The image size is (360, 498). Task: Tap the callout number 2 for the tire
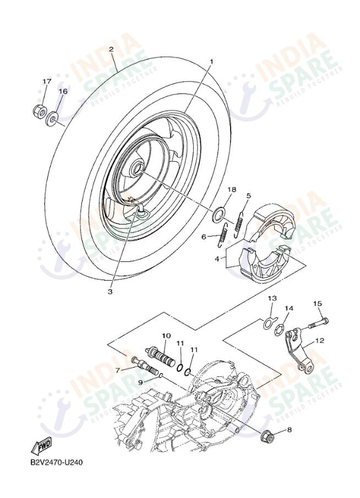pos(111,50)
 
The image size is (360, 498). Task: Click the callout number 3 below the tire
pos(110,291)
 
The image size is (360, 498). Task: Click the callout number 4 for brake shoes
pos(217,258)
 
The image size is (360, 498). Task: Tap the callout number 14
pos(289,309)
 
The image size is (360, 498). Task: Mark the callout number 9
pos(140,381)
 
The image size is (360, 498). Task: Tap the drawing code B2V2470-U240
pos(56,462)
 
